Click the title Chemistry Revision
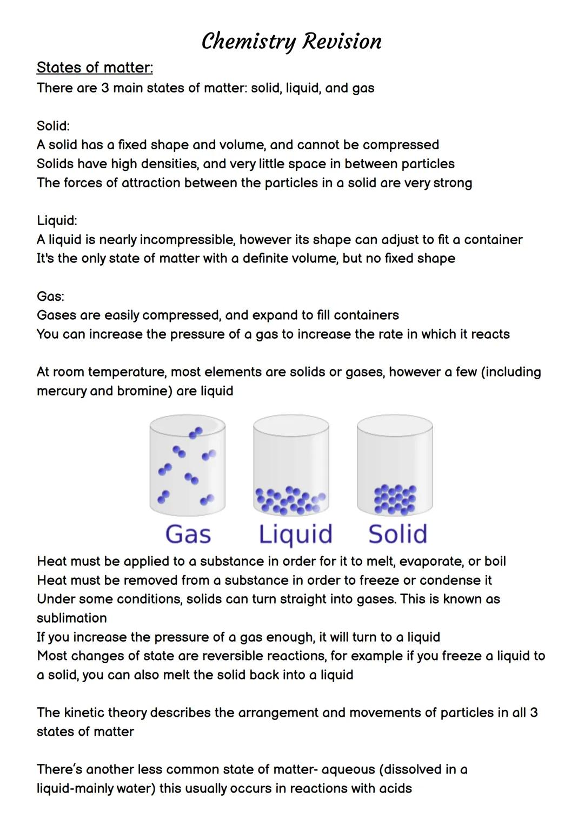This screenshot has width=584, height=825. (291, 41)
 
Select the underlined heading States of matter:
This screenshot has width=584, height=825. (95, 68)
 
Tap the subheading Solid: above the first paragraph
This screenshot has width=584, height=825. (53, 126)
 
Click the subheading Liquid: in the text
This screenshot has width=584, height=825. (57, 221)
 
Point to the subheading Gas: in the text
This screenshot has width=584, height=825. (50, 296)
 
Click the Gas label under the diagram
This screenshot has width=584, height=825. (188, 534)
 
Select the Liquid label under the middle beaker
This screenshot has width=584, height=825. (295, 534)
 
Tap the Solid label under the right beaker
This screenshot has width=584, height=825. (397, 534)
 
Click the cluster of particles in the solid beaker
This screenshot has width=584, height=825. (395, 498)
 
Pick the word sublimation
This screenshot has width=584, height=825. (71, 618)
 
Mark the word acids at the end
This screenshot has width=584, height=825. (395, 789)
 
